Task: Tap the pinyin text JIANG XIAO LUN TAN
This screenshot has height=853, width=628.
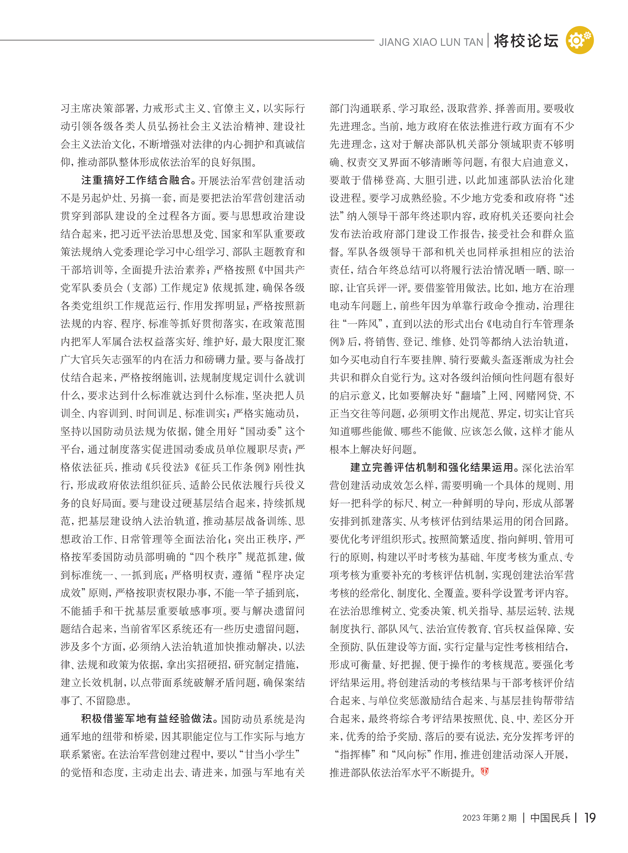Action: (x=431, y=42)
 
